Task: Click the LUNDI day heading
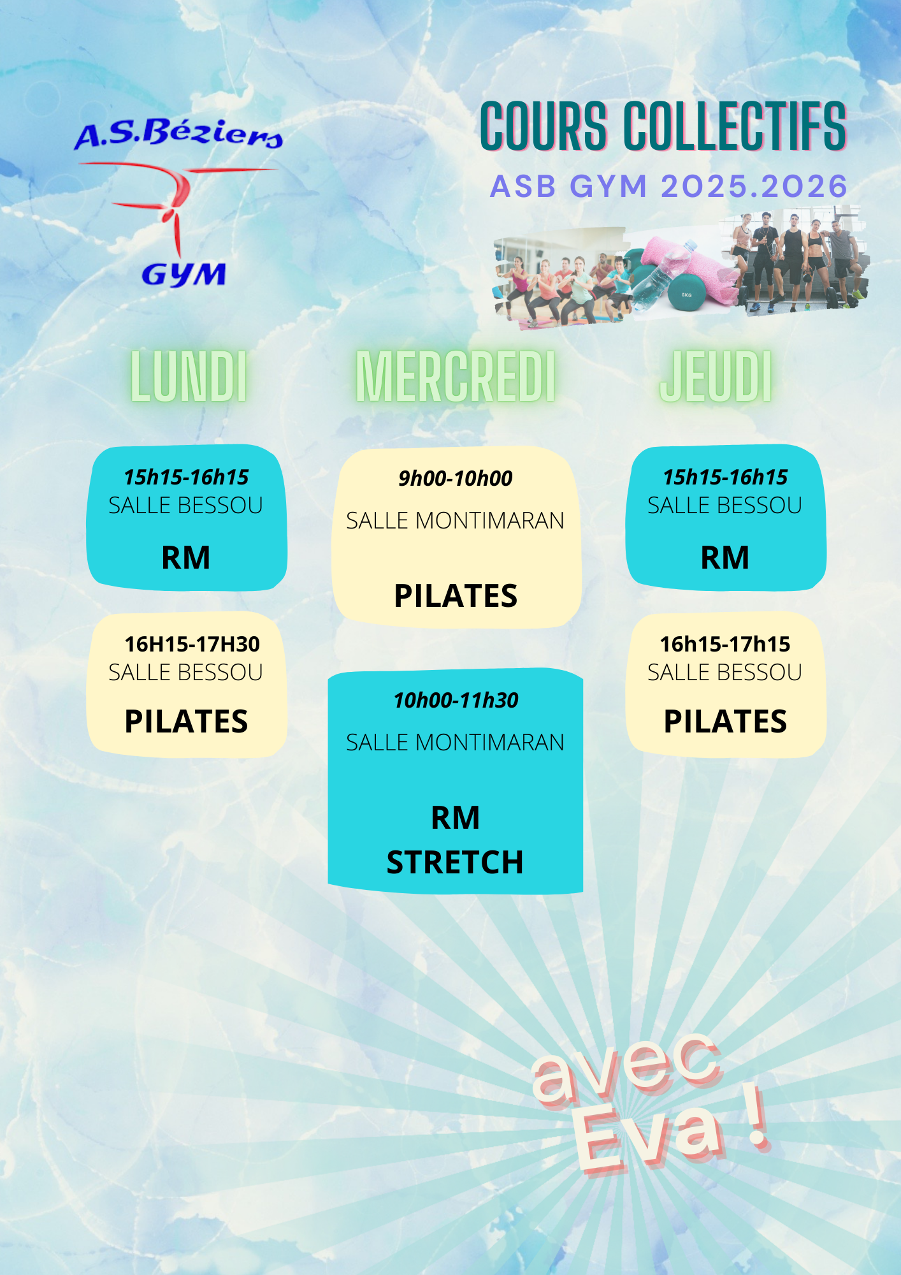pyautogui.click(x=189, y=377)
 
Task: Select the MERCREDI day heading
pyautogui.click(x=456, y=377)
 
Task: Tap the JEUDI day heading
pyautogui.click(x=716, y=377)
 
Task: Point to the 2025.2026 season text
pyautogui.click(x=754, y=187)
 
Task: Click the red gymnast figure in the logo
pyautogui.click(x=175, y=204)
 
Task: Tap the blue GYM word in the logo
pyautogui.click(x=184, y=275)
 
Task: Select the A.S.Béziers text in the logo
pyautogui.click(x=178, y=135)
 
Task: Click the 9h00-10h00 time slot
pyautogui.click(x=456, y=478)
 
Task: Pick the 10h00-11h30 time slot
pyautogui.click(x=456, y=701)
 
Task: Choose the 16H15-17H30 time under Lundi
pyautogui.click(x=192, y=645)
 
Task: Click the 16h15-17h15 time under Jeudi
pyautogui.click(x=725, y=645)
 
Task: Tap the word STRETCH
pyautogui.click(x=455, y=863)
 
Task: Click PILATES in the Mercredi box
pyautogui.click(x=456, y=596)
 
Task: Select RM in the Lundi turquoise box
pyautogui.click(x=186, y=558)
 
